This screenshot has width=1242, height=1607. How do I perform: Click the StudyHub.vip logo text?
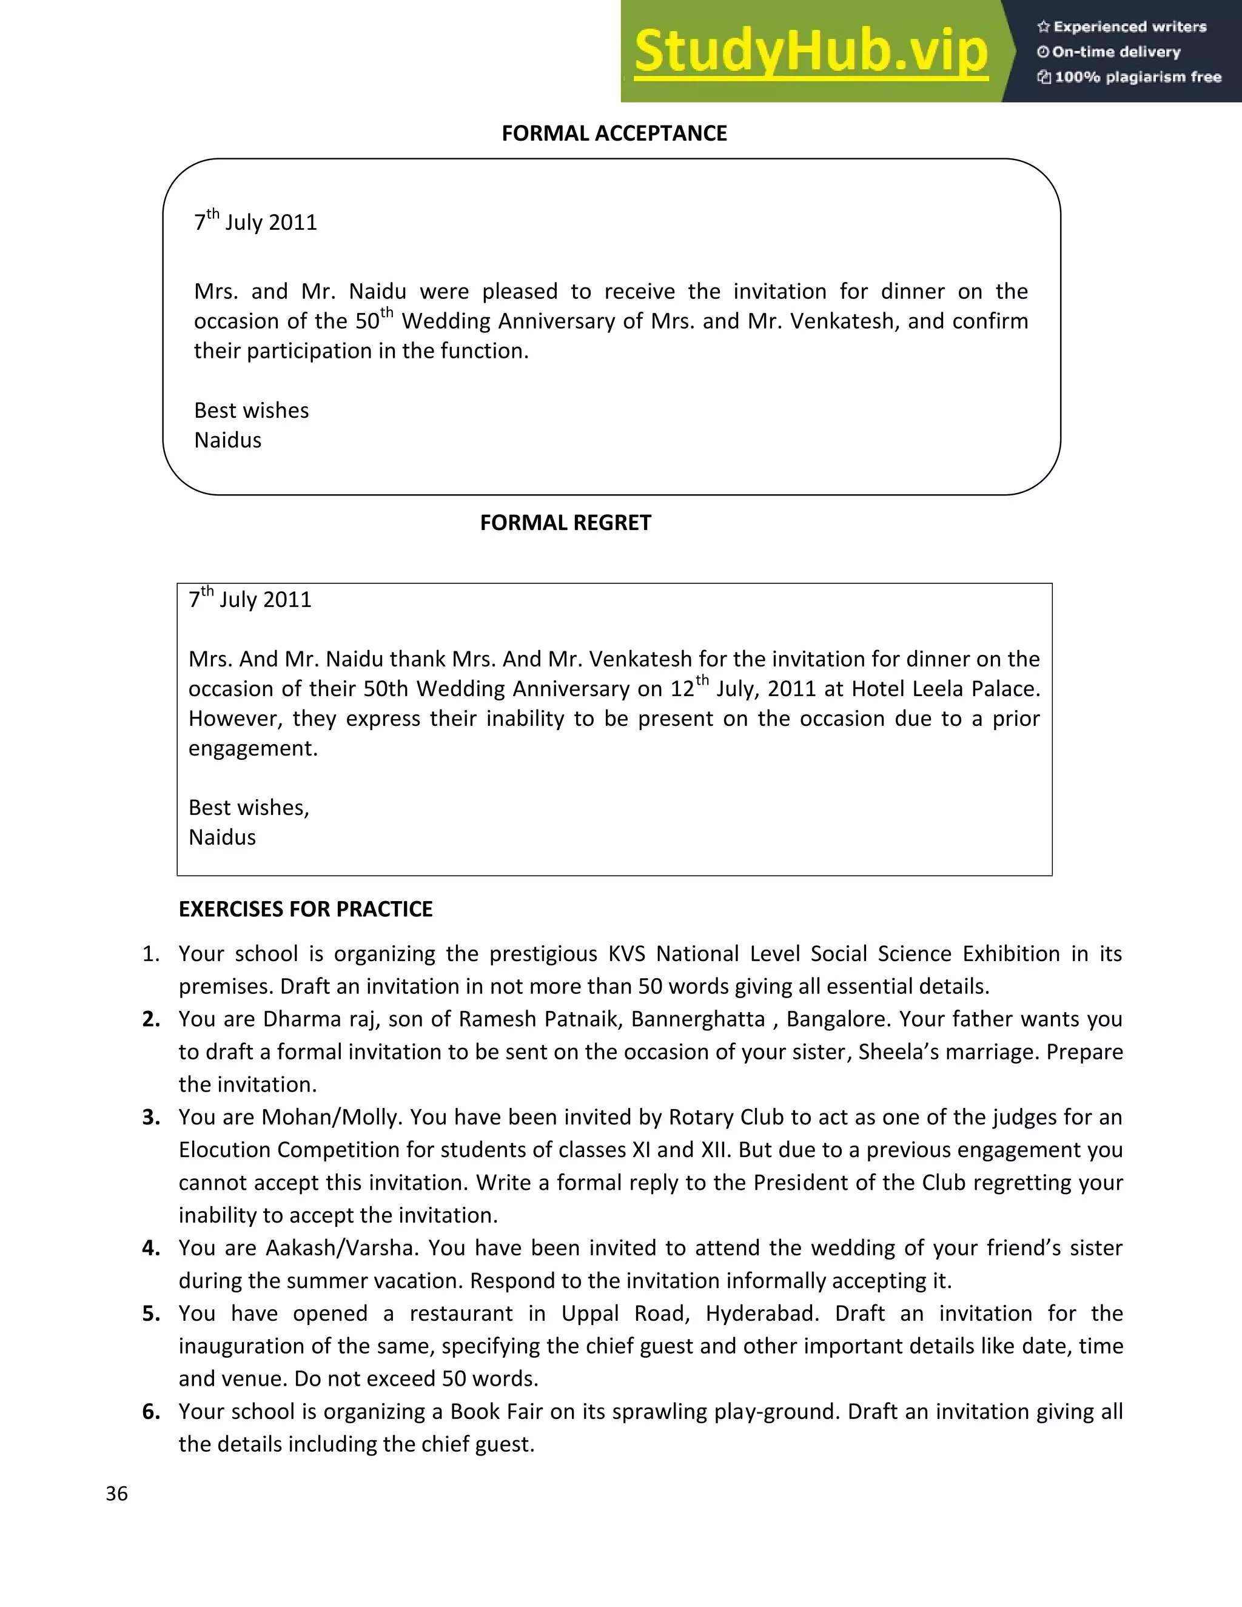coord(810,52)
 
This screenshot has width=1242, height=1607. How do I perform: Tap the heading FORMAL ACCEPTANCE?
coord(614,133)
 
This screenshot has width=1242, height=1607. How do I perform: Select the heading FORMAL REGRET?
coord(565,522)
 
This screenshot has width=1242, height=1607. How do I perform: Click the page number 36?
coord(117,1493)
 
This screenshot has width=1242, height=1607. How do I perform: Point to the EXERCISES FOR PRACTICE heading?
coord(306,909)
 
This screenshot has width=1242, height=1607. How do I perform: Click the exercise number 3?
coord(151,1117)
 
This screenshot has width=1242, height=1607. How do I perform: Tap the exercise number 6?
coord(151,1411)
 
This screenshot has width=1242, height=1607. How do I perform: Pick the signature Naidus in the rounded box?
coord(227,440)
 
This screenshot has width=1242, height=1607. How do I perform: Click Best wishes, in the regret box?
coord(249,807)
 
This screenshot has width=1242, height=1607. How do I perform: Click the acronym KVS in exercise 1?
coord(626,954)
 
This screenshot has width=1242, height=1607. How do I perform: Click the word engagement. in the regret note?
coord(252,748)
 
